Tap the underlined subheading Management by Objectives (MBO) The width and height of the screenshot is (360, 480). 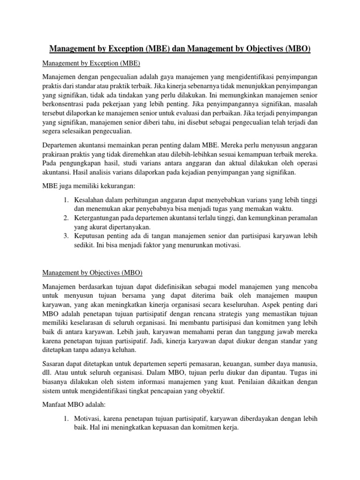pos(92,273)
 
